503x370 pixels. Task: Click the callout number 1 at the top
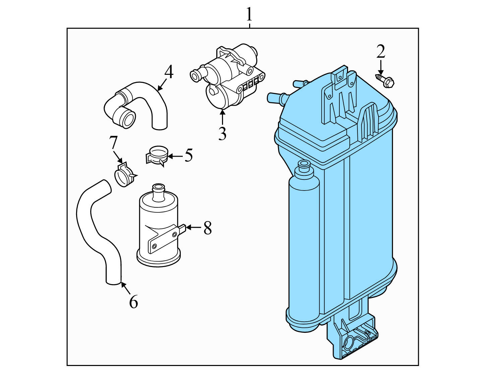[249, 14]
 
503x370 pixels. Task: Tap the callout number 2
[381, 51]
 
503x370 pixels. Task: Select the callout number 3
[222, 134]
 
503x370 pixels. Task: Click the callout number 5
[188, 155]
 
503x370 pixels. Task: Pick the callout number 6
[133, 301]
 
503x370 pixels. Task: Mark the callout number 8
[208, 228]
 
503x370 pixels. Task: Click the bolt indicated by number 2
[385, 81]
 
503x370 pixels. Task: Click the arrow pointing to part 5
[176, 156]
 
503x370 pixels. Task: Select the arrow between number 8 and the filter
[193, 227]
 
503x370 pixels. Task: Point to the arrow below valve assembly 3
[222, 117]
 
